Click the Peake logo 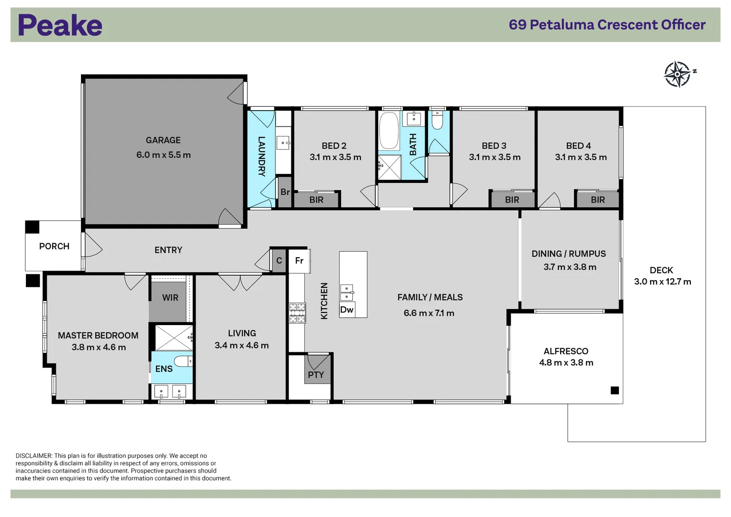point(60,25)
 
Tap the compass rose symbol point(678,74)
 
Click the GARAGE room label point(163,140)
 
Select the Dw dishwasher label point(347,310)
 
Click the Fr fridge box point(299,260)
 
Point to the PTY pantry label point(315,375)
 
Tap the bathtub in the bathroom point(389,130)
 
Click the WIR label point(170,298)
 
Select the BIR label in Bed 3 point(512,200)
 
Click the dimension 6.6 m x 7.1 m point(429,313)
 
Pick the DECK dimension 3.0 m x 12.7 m point(663,281)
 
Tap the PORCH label point(54,246)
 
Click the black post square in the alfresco point(615,390)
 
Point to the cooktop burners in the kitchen point(297,313)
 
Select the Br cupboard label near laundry point(285,192)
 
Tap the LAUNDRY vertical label point(261,156)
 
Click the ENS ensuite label point(164,369)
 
